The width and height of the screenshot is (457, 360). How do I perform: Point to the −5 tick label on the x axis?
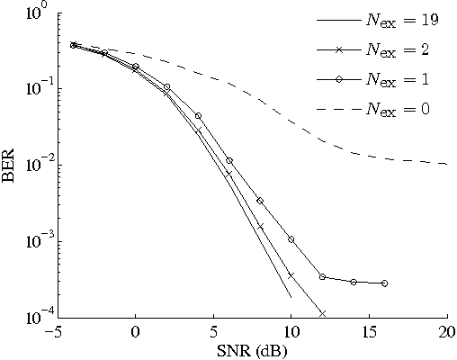click(53, 331)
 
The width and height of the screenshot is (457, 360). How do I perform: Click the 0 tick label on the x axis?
click(136, 331)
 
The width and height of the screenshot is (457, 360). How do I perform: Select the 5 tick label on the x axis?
click(213, 331)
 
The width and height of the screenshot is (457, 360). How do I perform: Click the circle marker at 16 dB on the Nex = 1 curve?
click(385, 283)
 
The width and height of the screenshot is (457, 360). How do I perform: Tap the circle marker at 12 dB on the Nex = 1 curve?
click(322, 276)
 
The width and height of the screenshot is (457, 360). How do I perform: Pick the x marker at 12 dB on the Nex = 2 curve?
click(322, 313)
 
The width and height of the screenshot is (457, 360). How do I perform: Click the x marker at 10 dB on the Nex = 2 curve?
click(291, 275)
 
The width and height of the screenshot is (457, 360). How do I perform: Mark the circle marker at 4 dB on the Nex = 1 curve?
click(198, 116)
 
